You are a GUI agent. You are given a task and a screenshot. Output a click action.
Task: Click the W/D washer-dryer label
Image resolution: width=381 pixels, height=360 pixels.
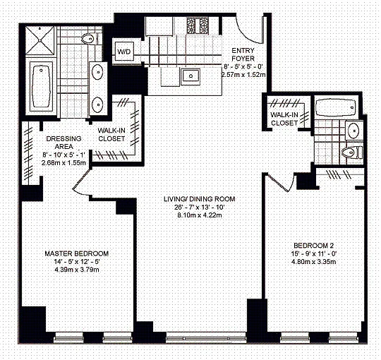(x=124, y=52)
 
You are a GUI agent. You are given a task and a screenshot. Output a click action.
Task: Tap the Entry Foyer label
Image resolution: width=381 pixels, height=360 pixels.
(x=243, y=54)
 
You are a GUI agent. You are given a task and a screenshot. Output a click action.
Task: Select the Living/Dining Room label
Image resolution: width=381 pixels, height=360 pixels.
(x=200, y=199)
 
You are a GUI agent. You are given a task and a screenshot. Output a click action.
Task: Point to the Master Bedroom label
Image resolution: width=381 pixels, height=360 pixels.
(x=76, y=253)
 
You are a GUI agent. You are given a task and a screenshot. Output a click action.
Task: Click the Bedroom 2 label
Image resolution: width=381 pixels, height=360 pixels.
(x=314, y=245)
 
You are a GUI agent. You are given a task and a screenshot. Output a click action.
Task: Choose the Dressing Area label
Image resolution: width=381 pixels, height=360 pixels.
(x=64, y=143)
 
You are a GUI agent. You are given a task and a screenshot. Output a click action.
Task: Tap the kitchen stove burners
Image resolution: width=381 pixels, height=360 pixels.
(x=198, y=26)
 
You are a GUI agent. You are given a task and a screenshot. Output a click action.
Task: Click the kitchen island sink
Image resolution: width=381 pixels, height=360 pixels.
(x=190, y=76)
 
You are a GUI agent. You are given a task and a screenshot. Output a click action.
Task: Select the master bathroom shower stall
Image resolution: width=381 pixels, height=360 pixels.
(x=40, y=40)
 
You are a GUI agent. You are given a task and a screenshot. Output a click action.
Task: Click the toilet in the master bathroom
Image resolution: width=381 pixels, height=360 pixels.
(x=90, y=39)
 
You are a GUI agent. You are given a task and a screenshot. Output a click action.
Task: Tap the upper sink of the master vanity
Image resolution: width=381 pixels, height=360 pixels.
(x=97, y=72)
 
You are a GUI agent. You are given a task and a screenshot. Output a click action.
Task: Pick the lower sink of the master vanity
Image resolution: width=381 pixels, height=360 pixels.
(x=97, y=104)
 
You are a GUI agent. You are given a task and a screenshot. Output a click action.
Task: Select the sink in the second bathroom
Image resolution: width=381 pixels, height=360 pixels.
(x=353, y=130)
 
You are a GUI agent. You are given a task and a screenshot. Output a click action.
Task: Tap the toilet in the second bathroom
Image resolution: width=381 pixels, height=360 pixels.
(x=352, y=152)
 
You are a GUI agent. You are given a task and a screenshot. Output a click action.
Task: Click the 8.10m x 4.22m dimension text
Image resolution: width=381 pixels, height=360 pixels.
(x=200, y=215)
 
